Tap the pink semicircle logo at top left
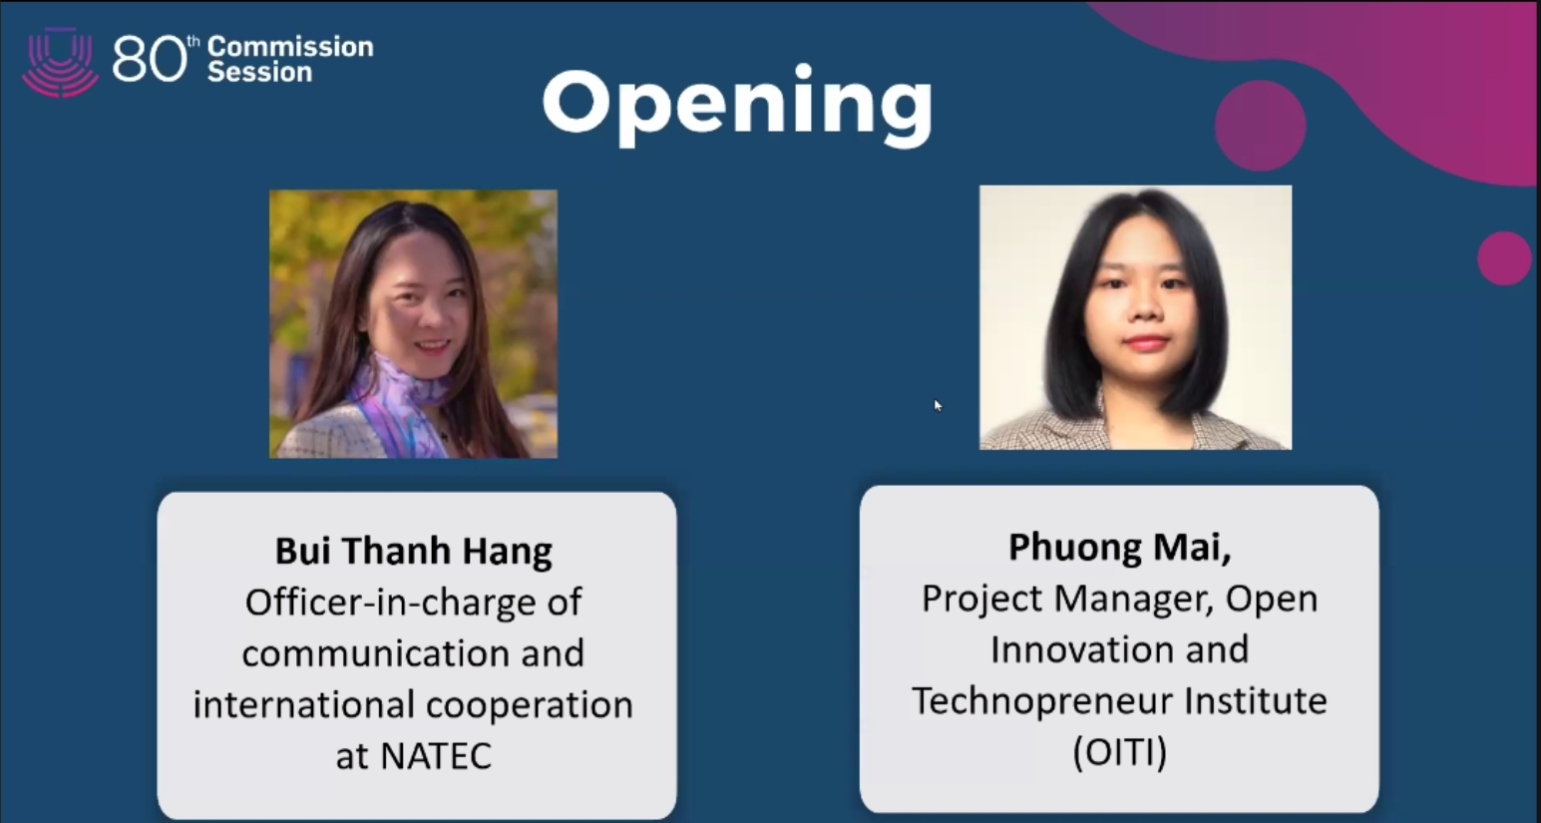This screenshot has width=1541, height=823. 61,62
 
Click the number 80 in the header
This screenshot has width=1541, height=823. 150,59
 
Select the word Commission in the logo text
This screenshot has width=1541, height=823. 290,47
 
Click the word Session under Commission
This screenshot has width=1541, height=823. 260,72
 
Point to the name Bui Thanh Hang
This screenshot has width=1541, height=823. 414,552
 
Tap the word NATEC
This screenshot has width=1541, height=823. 436,755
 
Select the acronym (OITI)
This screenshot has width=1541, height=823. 1120,752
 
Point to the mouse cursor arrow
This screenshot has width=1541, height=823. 938,405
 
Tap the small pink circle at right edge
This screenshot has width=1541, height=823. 1504,258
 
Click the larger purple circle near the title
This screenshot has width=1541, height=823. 1261,126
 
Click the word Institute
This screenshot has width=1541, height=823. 1256,701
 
